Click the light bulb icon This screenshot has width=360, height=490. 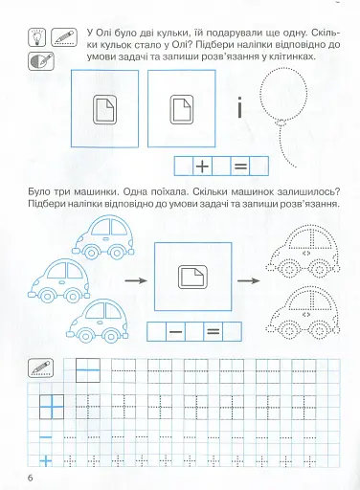pyautogui.click(x=37, y=37)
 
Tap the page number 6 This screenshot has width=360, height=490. pyautogui.click(x=31, y=479)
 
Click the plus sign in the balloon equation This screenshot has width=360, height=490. pyautogui.click(x=202, y=167)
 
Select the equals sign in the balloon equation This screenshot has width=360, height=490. pyautogui.click(x=240, y=167)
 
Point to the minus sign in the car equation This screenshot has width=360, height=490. pyautogui.click(x=176, y=332)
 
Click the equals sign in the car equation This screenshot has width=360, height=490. pyautogui.click(x=214, y=332)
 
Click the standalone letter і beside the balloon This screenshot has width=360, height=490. pyautogui.click(x=239, y=107)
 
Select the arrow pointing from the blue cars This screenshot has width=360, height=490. pyautogui.click(x=136, y=280)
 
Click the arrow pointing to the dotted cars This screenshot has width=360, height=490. pyautogui.click(x=249, y=280)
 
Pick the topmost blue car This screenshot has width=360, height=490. pyautogui.click(x=103, y=237)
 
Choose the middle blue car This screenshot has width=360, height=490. pyautogui.click(x=59, y=280)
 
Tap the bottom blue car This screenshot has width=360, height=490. pyautogui.click(x=98, y=321)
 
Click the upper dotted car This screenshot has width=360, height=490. pyautogui.click(x=303, y=252)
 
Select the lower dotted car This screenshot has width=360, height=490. pyautogui.click(x=303, y=314)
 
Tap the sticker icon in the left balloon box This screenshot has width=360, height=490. pyautogui.click(x=104, y=109)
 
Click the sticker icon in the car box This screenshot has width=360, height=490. pyautogui.click(x=192, y=277)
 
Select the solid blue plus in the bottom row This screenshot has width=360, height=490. pyautogui.click(x=46, y=460)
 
